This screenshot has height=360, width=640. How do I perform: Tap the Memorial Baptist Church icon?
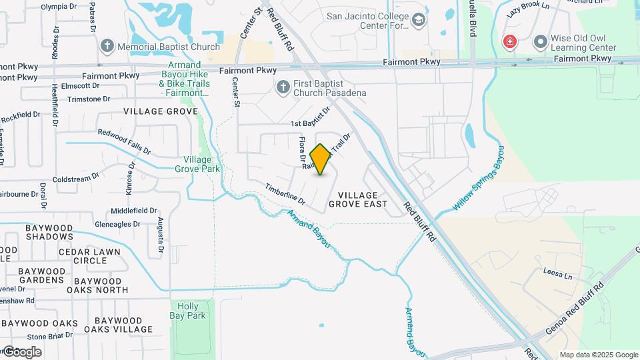[107, 47]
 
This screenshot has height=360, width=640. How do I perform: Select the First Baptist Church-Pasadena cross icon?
[283, 87]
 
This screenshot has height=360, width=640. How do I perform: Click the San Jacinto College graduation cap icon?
[418, 21]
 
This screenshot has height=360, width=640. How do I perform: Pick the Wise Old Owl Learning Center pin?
[540, 42]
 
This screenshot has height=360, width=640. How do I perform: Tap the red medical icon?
[510, 42]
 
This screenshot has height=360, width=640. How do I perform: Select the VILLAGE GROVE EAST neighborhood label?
[358, 199]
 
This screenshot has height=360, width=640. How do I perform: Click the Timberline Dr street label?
[285, 194]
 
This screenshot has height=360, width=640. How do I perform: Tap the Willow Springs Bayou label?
[478, 179]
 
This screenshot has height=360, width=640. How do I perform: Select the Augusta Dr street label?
[161, 237]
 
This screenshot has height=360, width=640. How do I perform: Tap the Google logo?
[21, 351]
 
